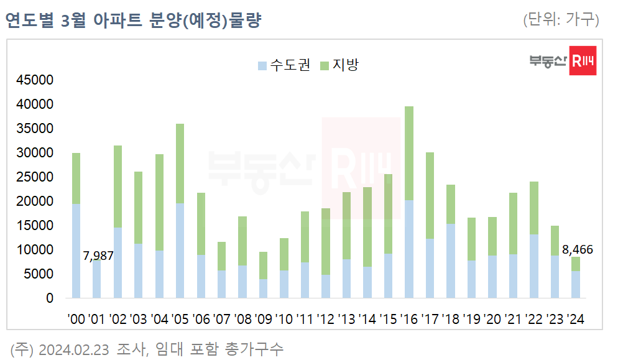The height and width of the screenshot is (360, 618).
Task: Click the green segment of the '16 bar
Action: [409, 153]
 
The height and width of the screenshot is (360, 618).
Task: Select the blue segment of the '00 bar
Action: [76, 251]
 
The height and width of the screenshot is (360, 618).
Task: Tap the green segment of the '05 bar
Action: [180, 164]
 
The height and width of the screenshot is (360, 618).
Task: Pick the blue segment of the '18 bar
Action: [451, 261]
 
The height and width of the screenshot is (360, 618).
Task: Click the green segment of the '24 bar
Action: [576, 264]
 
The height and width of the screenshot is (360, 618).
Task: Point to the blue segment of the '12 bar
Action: [326, 286]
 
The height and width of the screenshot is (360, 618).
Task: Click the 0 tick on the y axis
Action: [50, 298]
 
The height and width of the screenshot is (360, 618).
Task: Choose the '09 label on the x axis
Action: [264, 320]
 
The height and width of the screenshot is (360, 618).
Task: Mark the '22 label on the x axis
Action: [534, 320]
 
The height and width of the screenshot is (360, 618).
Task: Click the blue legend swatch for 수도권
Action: [262, 65]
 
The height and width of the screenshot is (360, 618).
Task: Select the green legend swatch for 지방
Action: [324, 65]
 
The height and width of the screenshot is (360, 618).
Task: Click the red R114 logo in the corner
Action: [583, 61]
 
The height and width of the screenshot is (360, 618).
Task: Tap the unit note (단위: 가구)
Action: [561, 20]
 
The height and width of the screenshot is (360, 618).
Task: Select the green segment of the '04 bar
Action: [159, 202]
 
